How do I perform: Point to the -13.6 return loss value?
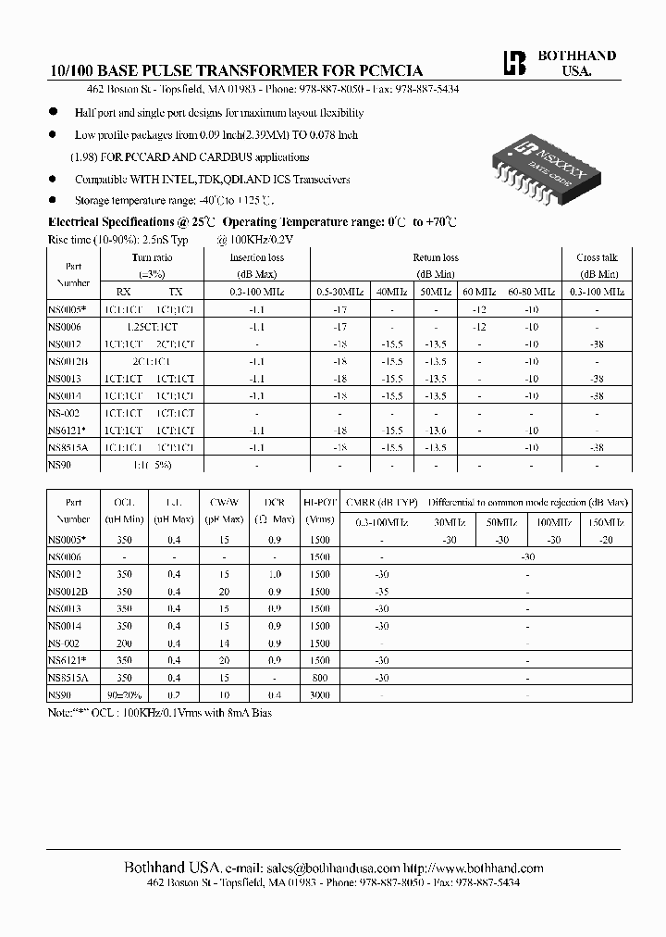click(435, 430)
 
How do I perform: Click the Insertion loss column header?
click(256, 257)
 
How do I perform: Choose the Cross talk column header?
click(597, 257)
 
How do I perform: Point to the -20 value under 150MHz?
click(605, 539)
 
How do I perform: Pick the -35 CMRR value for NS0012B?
click(381, 591)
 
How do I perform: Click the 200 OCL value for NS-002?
click(123, 643)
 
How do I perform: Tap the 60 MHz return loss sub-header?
click(479, 292)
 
